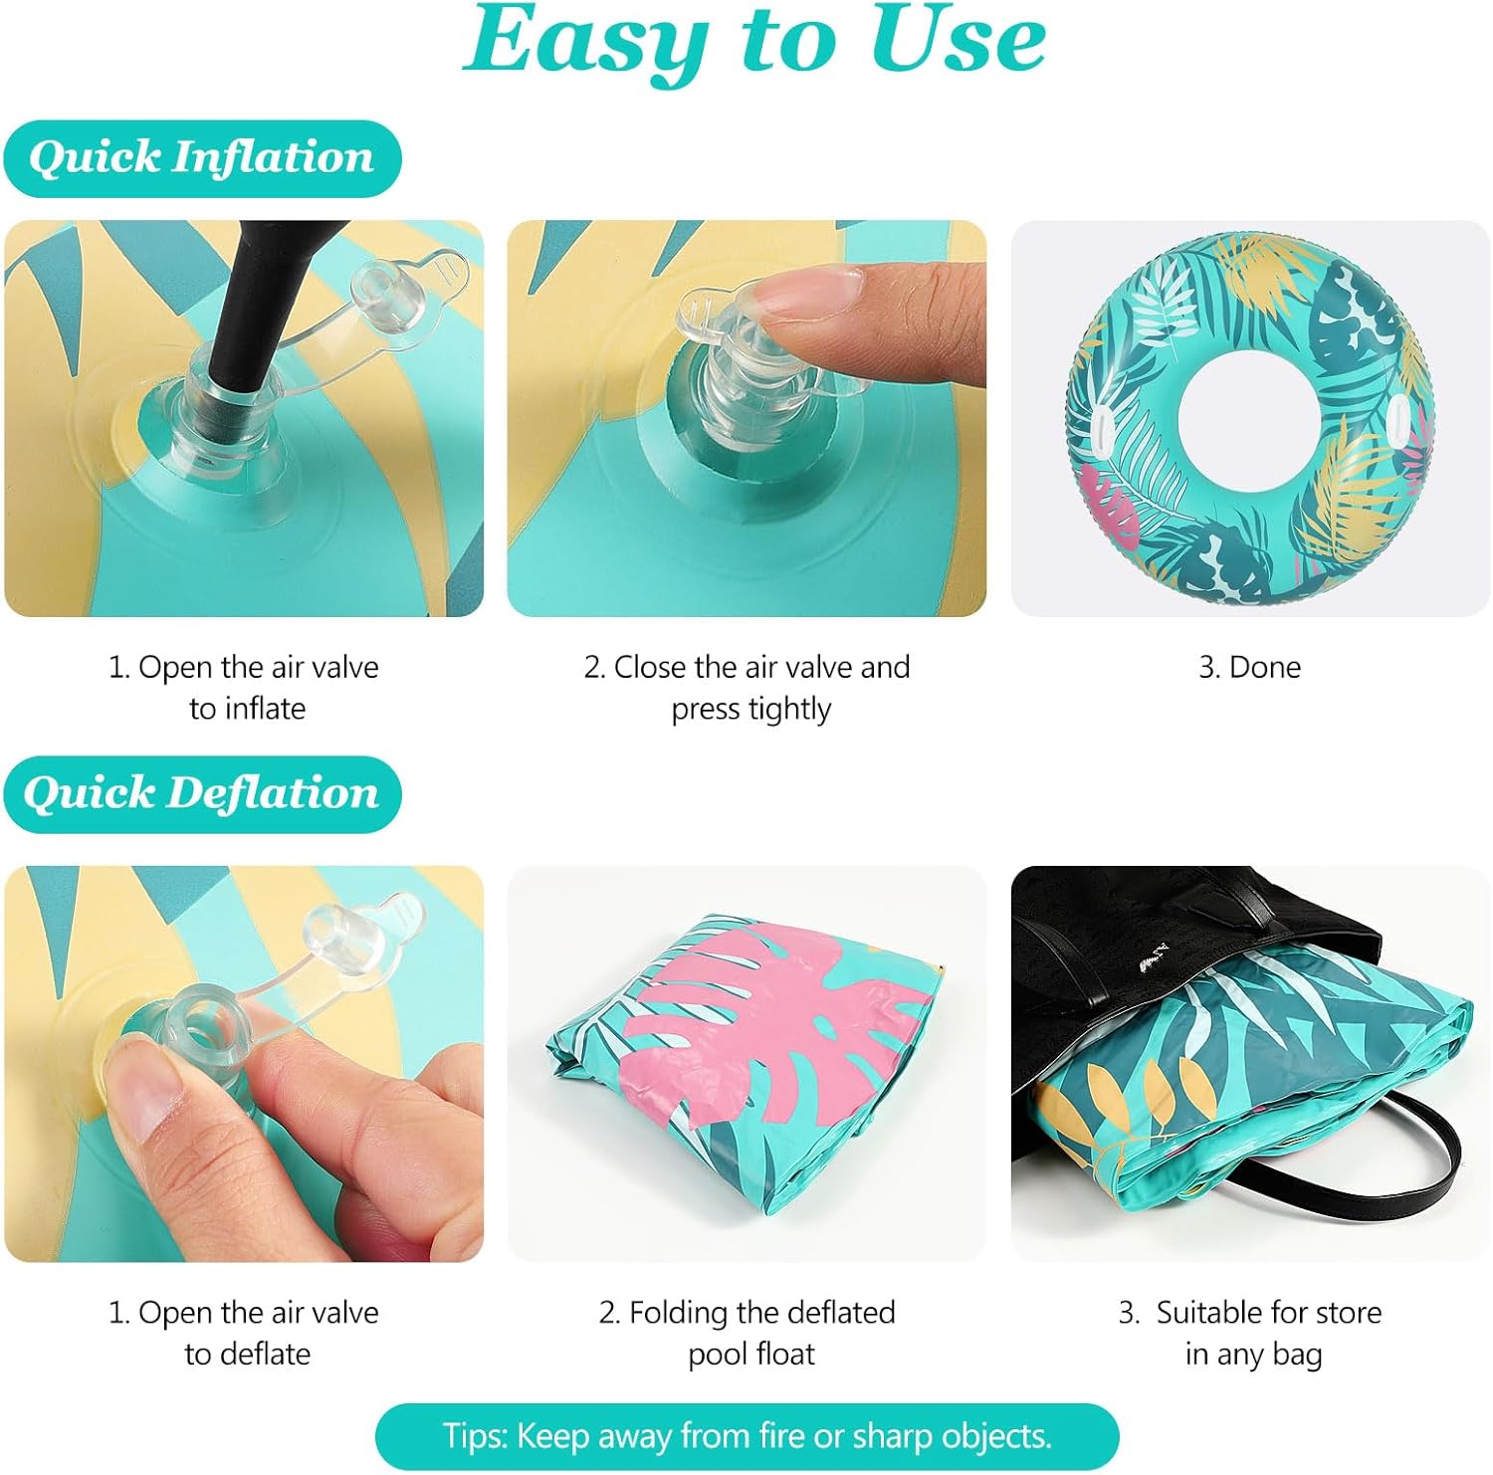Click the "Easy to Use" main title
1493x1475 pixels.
tap(754, 42)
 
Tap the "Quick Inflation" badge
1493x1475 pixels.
tap(202, 158)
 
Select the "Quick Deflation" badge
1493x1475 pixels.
tap(202, 794)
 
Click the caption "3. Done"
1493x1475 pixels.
tap(1249, 667)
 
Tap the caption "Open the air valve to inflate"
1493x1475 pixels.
tap(245, 688)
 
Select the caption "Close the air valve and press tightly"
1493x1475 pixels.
tap(747, 688)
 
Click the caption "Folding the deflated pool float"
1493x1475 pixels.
tap(748, 1333)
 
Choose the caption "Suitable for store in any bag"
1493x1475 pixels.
tap(1251, 1333)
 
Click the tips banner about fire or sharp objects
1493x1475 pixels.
tap(747, 1436)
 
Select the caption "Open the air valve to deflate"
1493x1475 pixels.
tap(245, 1333)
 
